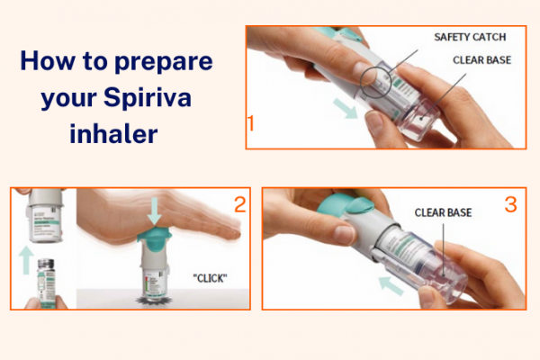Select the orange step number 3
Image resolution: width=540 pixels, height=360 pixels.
[510, 205]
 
